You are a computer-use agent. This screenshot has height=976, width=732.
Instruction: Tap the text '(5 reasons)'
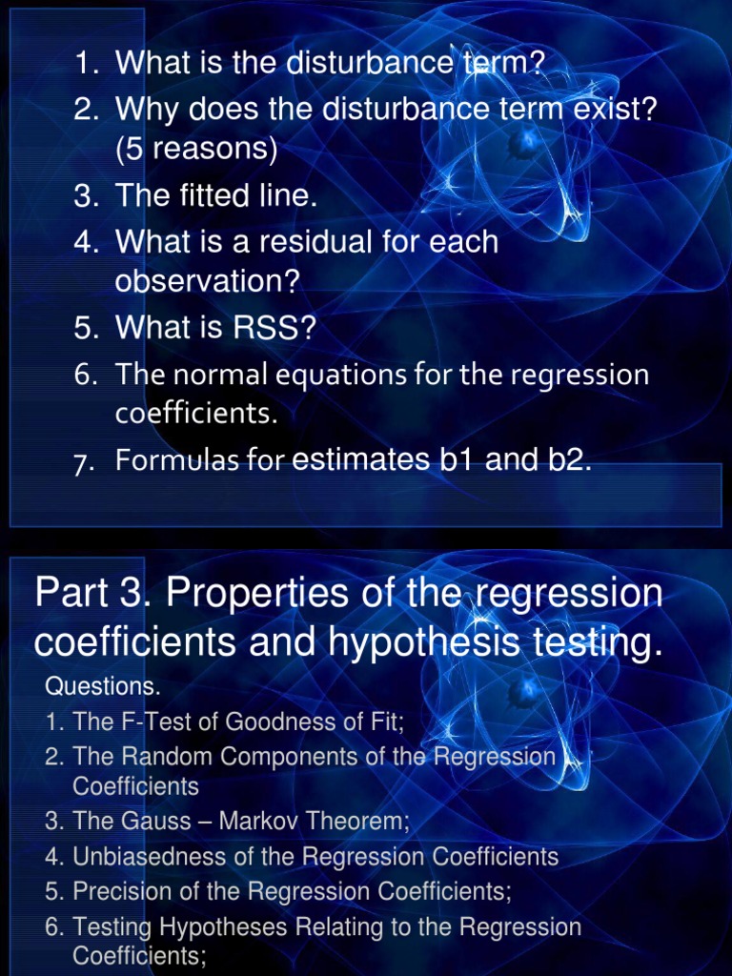click(196, 150)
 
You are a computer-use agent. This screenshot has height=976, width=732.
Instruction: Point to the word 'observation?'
click(207, 282)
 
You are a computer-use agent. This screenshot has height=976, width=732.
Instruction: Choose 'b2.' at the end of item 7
click(567, 460)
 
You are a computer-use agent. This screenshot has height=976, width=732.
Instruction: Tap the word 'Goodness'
click(276, 722)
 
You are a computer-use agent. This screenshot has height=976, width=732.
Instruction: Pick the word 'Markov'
click(271, 822)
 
